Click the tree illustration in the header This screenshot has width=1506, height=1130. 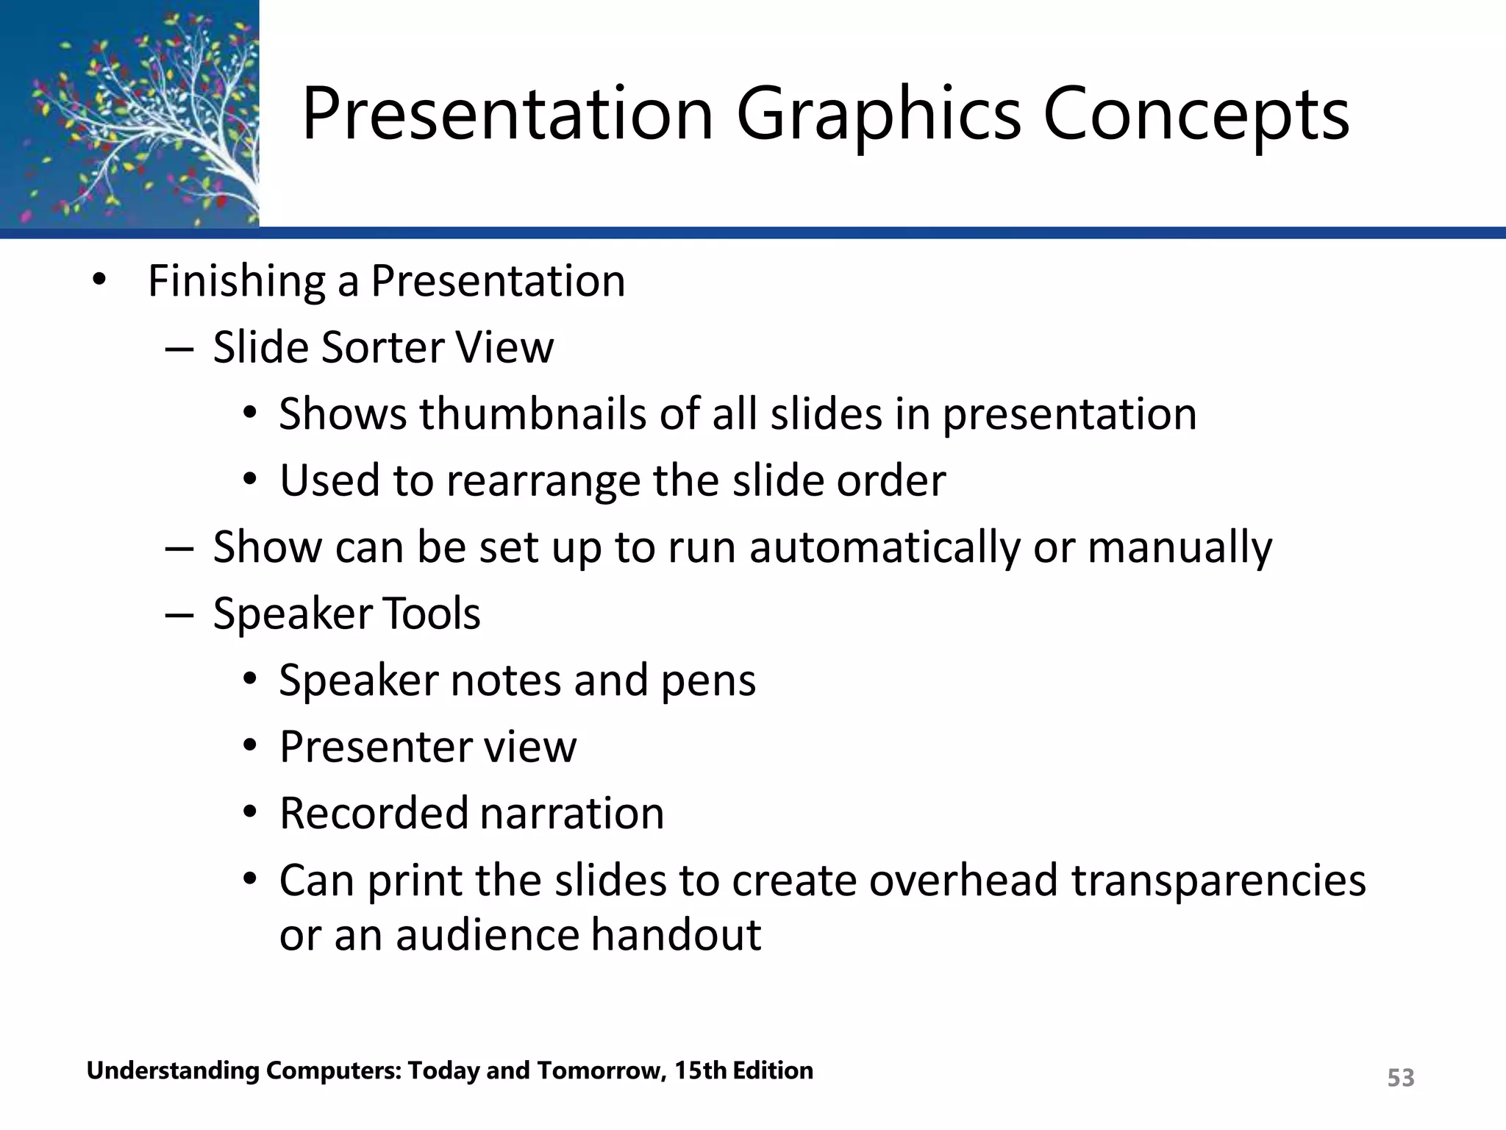tap(129, 114)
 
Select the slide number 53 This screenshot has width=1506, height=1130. tap(1400, 1078)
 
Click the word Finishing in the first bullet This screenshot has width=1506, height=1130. tap(236, 282)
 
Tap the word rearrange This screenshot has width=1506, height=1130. tap(543, 482)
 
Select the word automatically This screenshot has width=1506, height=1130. tap(885, 548)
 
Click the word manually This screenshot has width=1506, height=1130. tap(1179, 548)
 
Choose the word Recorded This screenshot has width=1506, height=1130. tap(374, 814)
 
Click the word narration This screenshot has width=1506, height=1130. tap(572, 814)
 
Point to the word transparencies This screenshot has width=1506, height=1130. tap(1218, 881)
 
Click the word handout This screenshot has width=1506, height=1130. tap(676, 935)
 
